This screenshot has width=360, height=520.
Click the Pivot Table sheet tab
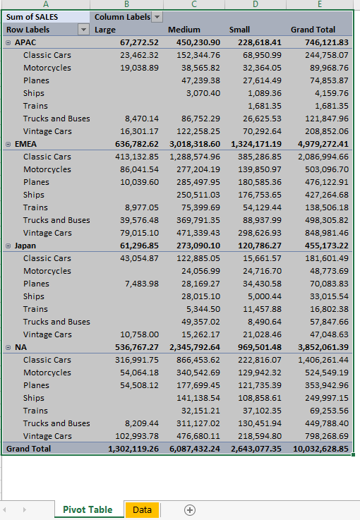coord(87,509)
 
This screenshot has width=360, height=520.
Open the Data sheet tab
coord(142,509)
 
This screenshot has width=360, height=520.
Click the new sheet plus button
coord(189,509)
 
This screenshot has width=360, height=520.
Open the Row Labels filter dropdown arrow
coord(84,30)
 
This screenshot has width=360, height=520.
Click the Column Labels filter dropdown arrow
coord(157,17)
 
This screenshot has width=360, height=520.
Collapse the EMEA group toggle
coord(8,144)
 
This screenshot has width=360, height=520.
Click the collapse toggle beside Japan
coord(8,246)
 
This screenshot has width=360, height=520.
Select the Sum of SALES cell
coord(32,17)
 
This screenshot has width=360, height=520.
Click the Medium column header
coord(184,30)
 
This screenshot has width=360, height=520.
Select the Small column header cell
coord(239,30)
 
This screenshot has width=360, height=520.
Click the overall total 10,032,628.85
coord(319,449)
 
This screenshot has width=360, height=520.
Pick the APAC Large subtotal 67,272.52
coord(140,42)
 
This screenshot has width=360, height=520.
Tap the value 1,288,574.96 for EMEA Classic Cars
coord(195,157)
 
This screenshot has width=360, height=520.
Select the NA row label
coord(21,347)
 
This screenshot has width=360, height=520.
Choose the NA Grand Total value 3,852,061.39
coord(319,347)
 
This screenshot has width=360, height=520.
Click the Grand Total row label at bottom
coord(28,449)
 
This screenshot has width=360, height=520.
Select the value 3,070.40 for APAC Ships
coord(203,93)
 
